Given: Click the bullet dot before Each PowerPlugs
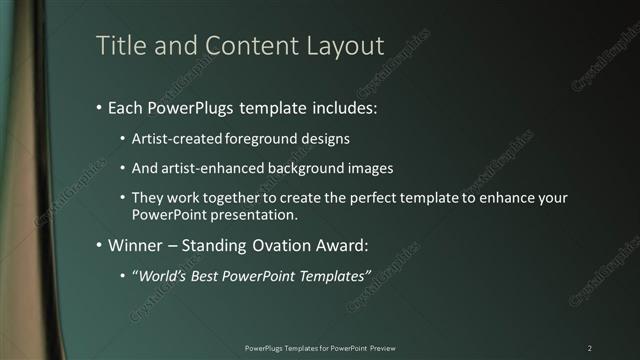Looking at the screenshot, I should [99, 107].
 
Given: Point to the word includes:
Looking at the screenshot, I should [345, 107].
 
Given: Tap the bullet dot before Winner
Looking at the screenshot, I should [99, 245].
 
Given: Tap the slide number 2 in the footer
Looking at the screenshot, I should [589, 347].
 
